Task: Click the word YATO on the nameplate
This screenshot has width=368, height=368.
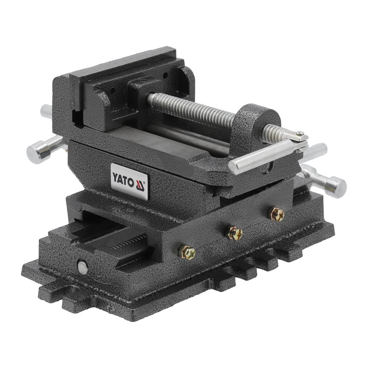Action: point(123,178)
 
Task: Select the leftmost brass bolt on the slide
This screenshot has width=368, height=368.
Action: point(187,252)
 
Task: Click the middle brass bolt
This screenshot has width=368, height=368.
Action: point(234,233)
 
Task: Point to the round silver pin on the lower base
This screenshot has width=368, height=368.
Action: point(83,268)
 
